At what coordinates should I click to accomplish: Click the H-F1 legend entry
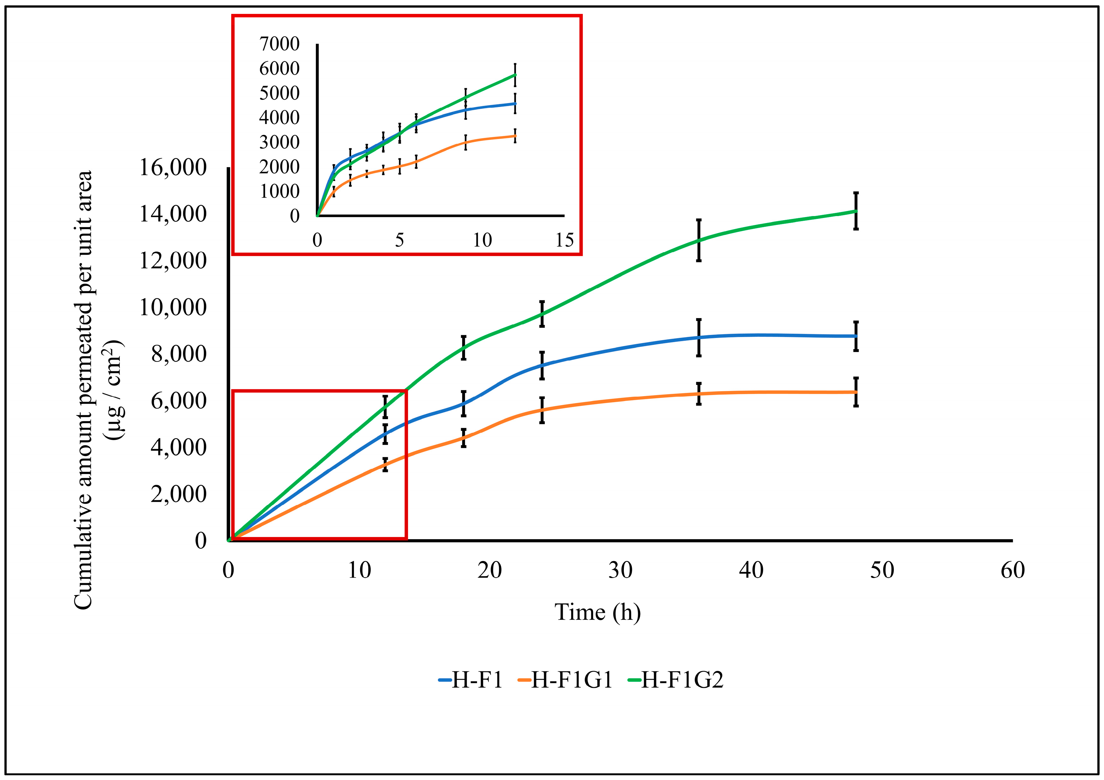coord(471,680)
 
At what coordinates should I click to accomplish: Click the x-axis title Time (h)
coord(598,612)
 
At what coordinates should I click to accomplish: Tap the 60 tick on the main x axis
coord(1013,571)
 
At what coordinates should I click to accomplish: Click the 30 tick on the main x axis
coord(620,571)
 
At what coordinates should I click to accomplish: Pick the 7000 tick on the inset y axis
coord(279,44)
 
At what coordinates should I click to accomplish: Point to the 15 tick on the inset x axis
coord(564,240)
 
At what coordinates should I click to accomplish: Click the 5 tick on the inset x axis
coord(399,240)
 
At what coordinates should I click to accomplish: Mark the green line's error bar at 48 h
coord(856,211)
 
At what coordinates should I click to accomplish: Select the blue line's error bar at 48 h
coord(856,336)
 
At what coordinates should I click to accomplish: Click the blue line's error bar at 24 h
coord(542,366)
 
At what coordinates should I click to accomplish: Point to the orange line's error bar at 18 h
coord(463,438)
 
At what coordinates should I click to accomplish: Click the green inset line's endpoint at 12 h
coord(515,74)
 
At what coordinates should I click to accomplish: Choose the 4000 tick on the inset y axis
coord(279,118)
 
